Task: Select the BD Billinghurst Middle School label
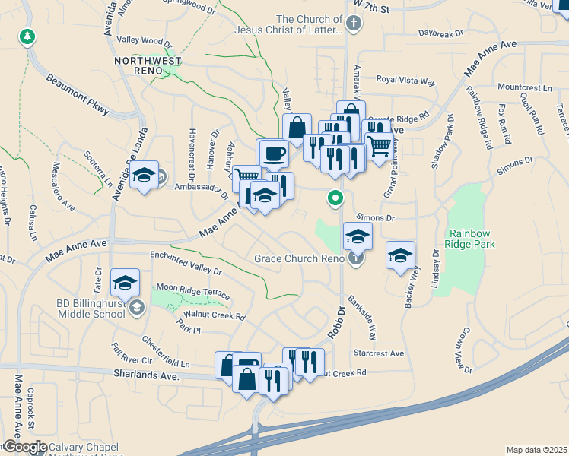coord(91,309)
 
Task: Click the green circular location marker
coord(334,198)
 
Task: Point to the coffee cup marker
coord(274,154)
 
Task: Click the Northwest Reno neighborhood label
coord(148,65)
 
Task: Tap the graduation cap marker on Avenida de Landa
coord(143,176)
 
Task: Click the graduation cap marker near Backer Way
coord(400,255)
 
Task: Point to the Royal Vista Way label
coord(405,79)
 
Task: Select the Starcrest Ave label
coord(379,353)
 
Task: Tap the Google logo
coord(24,447)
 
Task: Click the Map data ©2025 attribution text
coord(536,450)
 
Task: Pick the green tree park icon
coord(28,36)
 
